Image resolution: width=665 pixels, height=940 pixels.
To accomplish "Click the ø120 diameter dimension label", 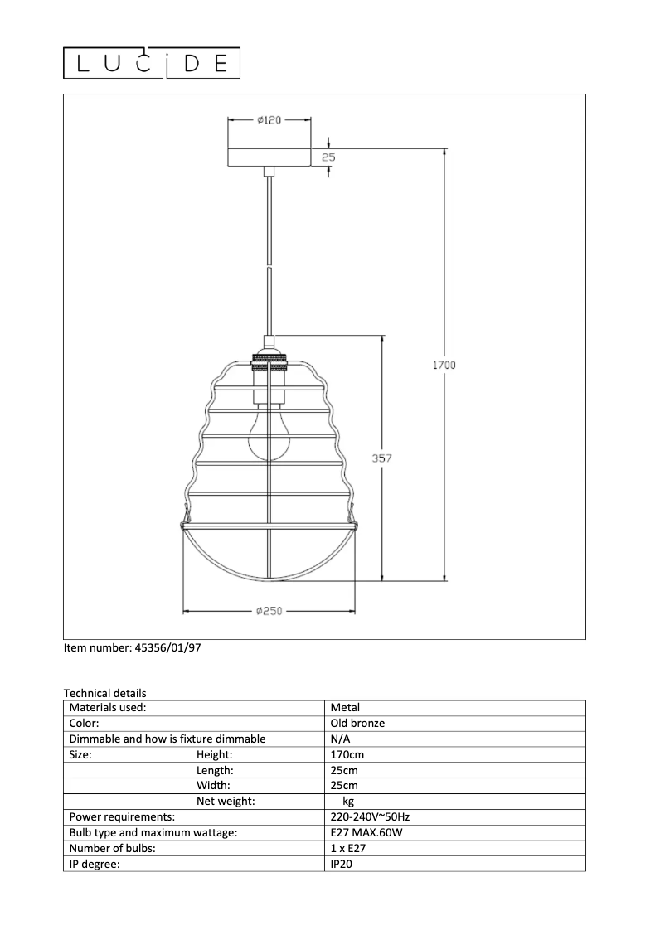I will [269, 120].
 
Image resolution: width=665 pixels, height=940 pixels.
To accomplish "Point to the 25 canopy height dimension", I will [328, 156].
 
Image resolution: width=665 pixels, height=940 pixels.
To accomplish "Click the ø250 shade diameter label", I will [269, 612].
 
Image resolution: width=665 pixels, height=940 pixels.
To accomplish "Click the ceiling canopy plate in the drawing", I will [269, 157].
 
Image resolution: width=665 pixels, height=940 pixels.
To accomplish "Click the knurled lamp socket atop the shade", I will [269, 361].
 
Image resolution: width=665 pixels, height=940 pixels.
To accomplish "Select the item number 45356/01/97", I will [132, 648].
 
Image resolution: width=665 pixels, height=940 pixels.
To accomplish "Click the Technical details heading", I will [104, 693].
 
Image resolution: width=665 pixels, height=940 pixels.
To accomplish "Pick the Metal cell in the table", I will [345, 708].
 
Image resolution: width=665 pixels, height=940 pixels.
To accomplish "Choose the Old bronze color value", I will [357, 723].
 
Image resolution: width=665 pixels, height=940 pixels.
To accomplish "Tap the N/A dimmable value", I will [340, 739].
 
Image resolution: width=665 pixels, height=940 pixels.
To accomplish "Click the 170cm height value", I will [347, 754].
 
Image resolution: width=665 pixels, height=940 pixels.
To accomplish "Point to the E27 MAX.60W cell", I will [366, 832].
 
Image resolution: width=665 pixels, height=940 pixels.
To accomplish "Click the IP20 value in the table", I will [342, 864].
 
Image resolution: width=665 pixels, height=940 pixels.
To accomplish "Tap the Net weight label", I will [226, 801].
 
